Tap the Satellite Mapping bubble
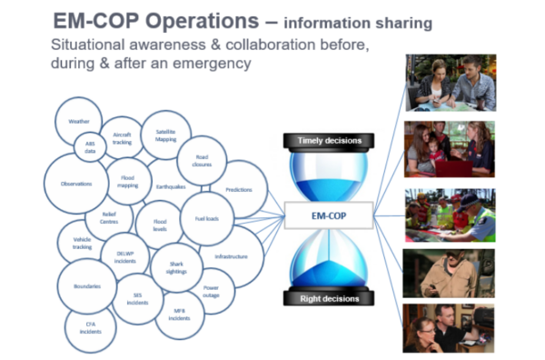[165, 134]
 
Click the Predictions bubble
[239, 189]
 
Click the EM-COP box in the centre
[324, 216]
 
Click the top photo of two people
[450, 83]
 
